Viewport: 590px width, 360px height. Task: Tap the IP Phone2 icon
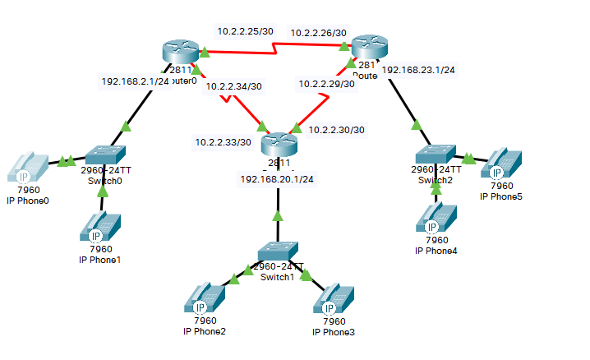[204, 298]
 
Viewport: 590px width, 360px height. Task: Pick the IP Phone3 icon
[333, 298]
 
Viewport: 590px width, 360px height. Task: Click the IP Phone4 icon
[436, 216]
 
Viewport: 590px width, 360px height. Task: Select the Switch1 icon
[277, 252]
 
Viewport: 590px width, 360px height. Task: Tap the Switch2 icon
[435, 155]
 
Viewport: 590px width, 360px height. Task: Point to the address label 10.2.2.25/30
[245, 31]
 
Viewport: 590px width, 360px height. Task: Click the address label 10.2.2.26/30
[318, 33]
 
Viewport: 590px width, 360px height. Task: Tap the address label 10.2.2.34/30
[234, 85]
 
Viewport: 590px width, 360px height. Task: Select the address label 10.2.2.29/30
[326, 84]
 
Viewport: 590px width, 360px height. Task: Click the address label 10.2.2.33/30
[223, 142]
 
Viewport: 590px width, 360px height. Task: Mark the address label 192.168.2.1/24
[135, 81]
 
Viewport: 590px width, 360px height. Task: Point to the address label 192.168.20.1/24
[277, 178]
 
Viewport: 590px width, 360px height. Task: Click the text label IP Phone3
[334, 332]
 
